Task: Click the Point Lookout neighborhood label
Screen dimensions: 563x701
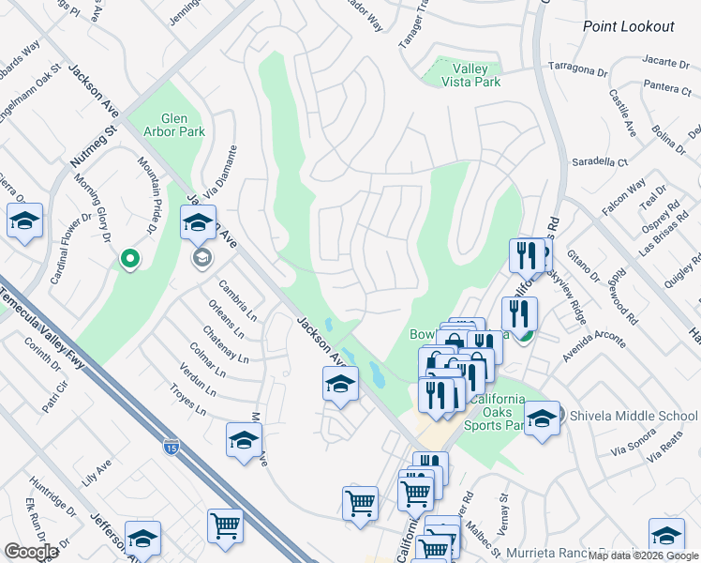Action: pos(628,26)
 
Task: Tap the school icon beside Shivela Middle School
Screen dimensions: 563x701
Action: pos(542,419)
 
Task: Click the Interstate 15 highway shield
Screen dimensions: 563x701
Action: pos(171,448)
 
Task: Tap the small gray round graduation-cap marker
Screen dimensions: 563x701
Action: pos(200,256)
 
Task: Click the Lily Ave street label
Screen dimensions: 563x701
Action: pos(97,470)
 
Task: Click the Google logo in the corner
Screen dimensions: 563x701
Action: pos(31,552)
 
